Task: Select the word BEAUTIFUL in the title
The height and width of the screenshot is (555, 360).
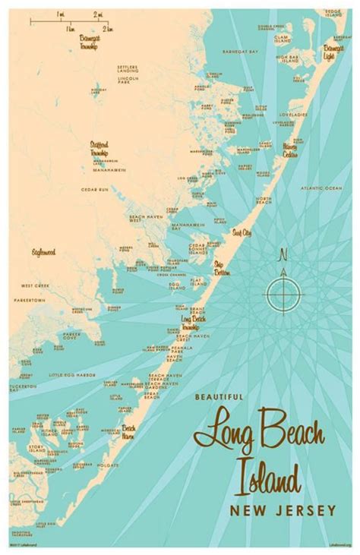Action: (218, 396)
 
